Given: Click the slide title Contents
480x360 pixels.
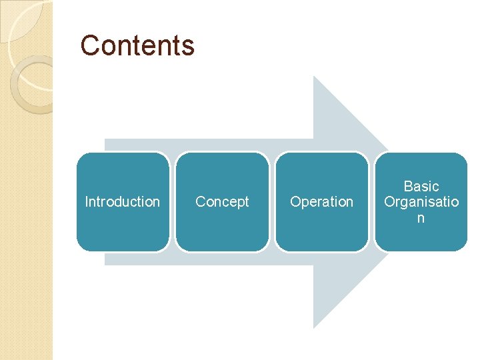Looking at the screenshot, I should pyautogui.click(x=137, y=45).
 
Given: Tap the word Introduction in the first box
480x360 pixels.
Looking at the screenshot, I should pyautogui.click(x=123, y=201).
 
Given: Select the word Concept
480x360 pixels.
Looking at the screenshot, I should pyautogui.click(x=222, y=201).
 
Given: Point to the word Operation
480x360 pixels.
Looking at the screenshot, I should pyautogui.click(x=321, y=201).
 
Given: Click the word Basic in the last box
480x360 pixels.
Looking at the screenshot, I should pyautogui.click(x=421, y=187).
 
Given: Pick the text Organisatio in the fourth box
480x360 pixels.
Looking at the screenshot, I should pyautogui.click(x=421, y=201).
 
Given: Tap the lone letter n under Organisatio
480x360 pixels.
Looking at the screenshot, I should pyautogui.click(x=420, y=218).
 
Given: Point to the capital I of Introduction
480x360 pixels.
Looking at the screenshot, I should pyautogui.click(x=87, y=201).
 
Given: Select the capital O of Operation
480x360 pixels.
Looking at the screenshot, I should pyautogui.click(x=295, y=201).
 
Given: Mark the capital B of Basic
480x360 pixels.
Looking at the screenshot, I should pyautogui.click(x=408, y=187).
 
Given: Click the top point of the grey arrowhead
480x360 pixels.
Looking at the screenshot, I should pyautogui.click(x=315, y=77).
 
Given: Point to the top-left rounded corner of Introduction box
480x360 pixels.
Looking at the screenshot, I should pyautogui.click(x=81, y=157).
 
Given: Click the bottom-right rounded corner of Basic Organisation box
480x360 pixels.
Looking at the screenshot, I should pyautogui.click(x=463, y=247).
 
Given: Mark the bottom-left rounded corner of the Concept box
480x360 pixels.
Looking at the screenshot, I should pyautogui.click(x=180, y=247).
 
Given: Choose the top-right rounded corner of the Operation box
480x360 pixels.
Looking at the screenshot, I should pyautogui.click(x=363, y=157).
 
